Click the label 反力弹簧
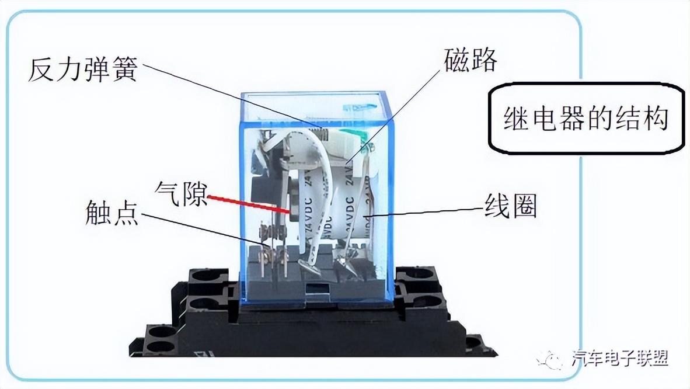coord(82,70)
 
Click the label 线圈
coord(510,206)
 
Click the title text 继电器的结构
coord(586,119)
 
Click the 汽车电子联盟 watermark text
coord(619,357)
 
